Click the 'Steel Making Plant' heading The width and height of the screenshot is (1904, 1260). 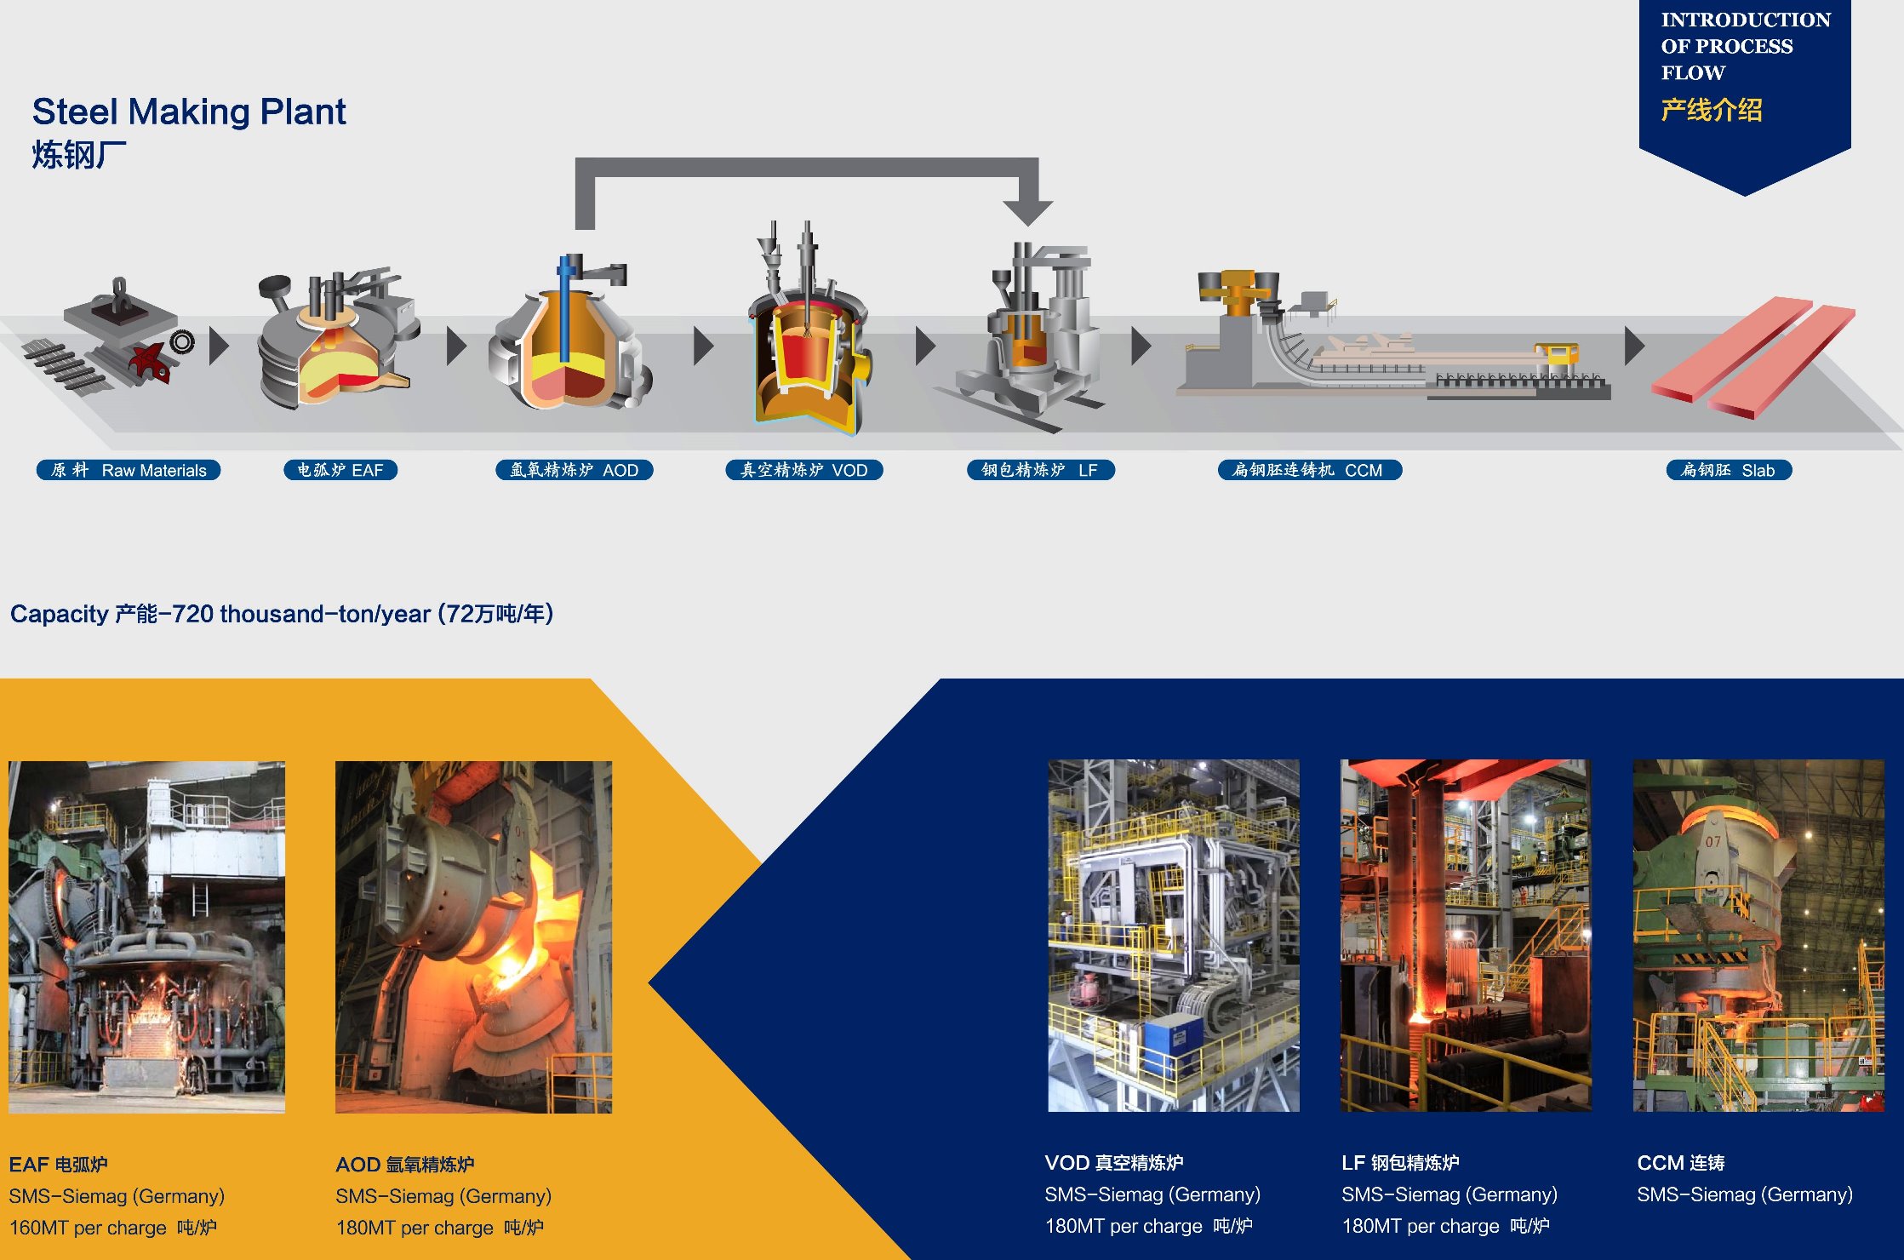(189, 112)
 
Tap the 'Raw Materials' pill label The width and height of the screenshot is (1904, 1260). (129, 470)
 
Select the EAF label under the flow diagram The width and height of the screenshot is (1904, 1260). (340, 470)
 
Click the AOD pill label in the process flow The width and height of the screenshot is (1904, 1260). (575, 470)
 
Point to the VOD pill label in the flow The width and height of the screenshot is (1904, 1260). (804, 470)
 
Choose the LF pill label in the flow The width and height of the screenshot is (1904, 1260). (1041, 470)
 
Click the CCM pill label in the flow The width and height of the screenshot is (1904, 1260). (1310, 470)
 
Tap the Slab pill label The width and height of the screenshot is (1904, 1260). (1730, 470)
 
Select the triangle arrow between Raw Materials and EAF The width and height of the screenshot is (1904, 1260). (219, 346)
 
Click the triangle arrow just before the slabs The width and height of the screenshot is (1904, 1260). (1634, 346)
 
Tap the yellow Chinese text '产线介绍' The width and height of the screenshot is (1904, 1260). (1712, 111)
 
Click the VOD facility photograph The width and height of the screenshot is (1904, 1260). (1174, 936)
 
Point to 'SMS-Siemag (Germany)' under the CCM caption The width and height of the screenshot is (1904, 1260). (1745, 1194)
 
